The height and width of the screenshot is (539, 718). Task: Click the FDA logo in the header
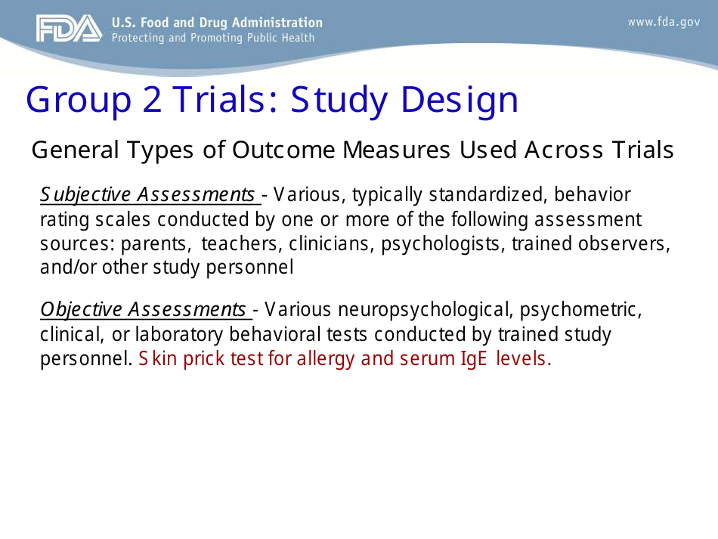(x=68, y=29)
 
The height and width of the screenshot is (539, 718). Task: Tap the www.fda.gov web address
(x=664, y=22)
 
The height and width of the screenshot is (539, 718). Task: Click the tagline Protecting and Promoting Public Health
(x=212, y=38)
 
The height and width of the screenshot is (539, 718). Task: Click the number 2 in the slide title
(x=152, y=101)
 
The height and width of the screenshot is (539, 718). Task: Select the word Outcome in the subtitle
(x=283, y=150)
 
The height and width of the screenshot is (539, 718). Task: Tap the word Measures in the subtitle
(x=398, y=150)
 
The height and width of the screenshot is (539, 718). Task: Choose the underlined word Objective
(x=82, y=310)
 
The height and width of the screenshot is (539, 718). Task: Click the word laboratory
(x=177, y=334)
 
